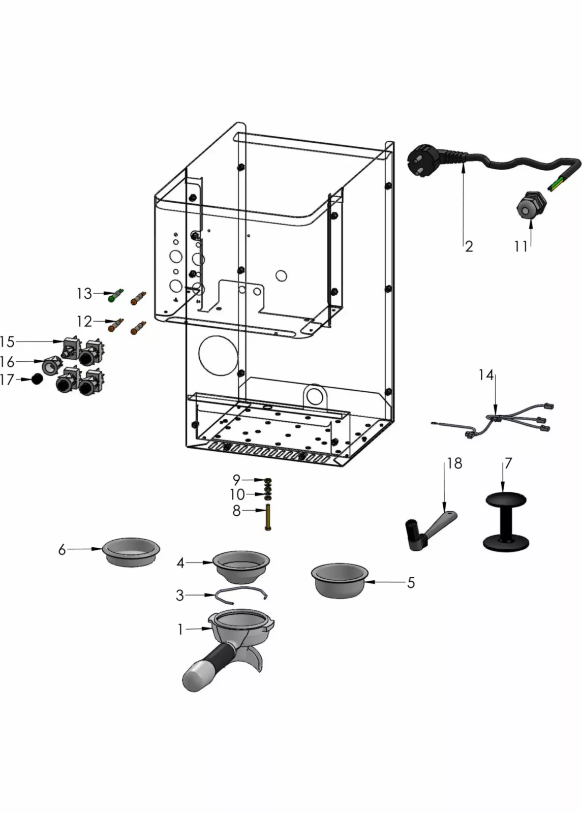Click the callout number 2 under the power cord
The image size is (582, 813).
(x=469, y=246)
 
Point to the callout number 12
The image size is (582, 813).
(x=84, y=322)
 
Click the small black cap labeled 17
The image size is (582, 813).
(x=37, y=379)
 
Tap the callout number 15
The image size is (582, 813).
(x=8, y=341)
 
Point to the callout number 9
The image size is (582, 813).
(x=236, y=479)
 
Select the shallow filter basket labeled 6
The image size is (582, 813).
(x=131, y=551)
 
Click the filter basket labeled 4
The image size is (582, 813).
(x=240, y=566)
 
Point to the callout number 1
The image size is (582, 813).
(x=180, y=629)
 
